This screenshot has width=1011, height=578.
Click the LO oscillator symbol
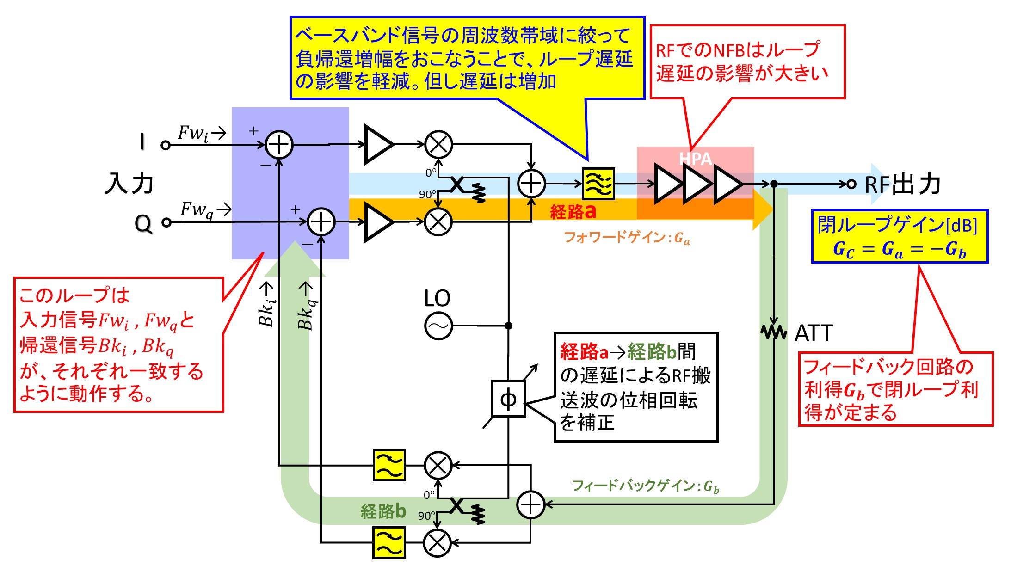click(438, 326)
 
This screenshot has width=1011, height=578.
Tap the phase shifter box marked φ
click(508, 399)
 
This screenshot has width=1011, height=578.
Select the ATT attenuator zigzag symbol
click(774, 332)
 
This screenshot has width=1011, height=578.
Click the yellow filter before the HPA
click(598, 184)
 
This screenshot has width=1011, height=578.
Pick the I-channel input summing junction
click(279, 145)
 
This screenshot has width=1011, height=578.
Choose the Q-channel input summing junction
click(321, 222)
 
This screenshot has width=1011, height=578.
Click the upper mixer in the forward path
click(438, 145)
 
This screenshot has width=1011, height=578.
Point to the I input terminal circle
click(166, 145)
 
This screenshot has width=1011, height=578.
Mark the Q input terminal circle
click(166, 222)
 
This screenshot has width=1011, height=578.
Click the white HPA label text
click(695, 159)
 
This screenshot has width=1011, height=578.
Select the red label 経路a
click(573, 212)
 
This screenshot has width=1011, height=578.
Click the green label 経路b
click(383, 511)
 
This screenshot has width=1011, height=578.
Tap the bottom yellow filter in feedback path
click(389, 542)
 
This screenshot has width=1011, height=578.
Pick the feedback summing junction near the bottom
click(530, 504)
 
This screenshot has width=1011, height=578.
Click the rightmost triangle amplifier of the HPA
click(727, 184)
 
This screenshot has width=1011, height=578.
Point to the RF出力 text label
click(902, 184)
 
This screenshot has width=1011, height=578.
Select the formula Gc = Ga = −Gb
click(899, 249)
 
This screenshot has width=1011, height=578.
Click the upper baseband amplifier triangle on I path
click(377, 145)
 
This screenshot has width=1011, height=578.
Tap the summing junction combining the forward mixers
click(531, 184)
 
